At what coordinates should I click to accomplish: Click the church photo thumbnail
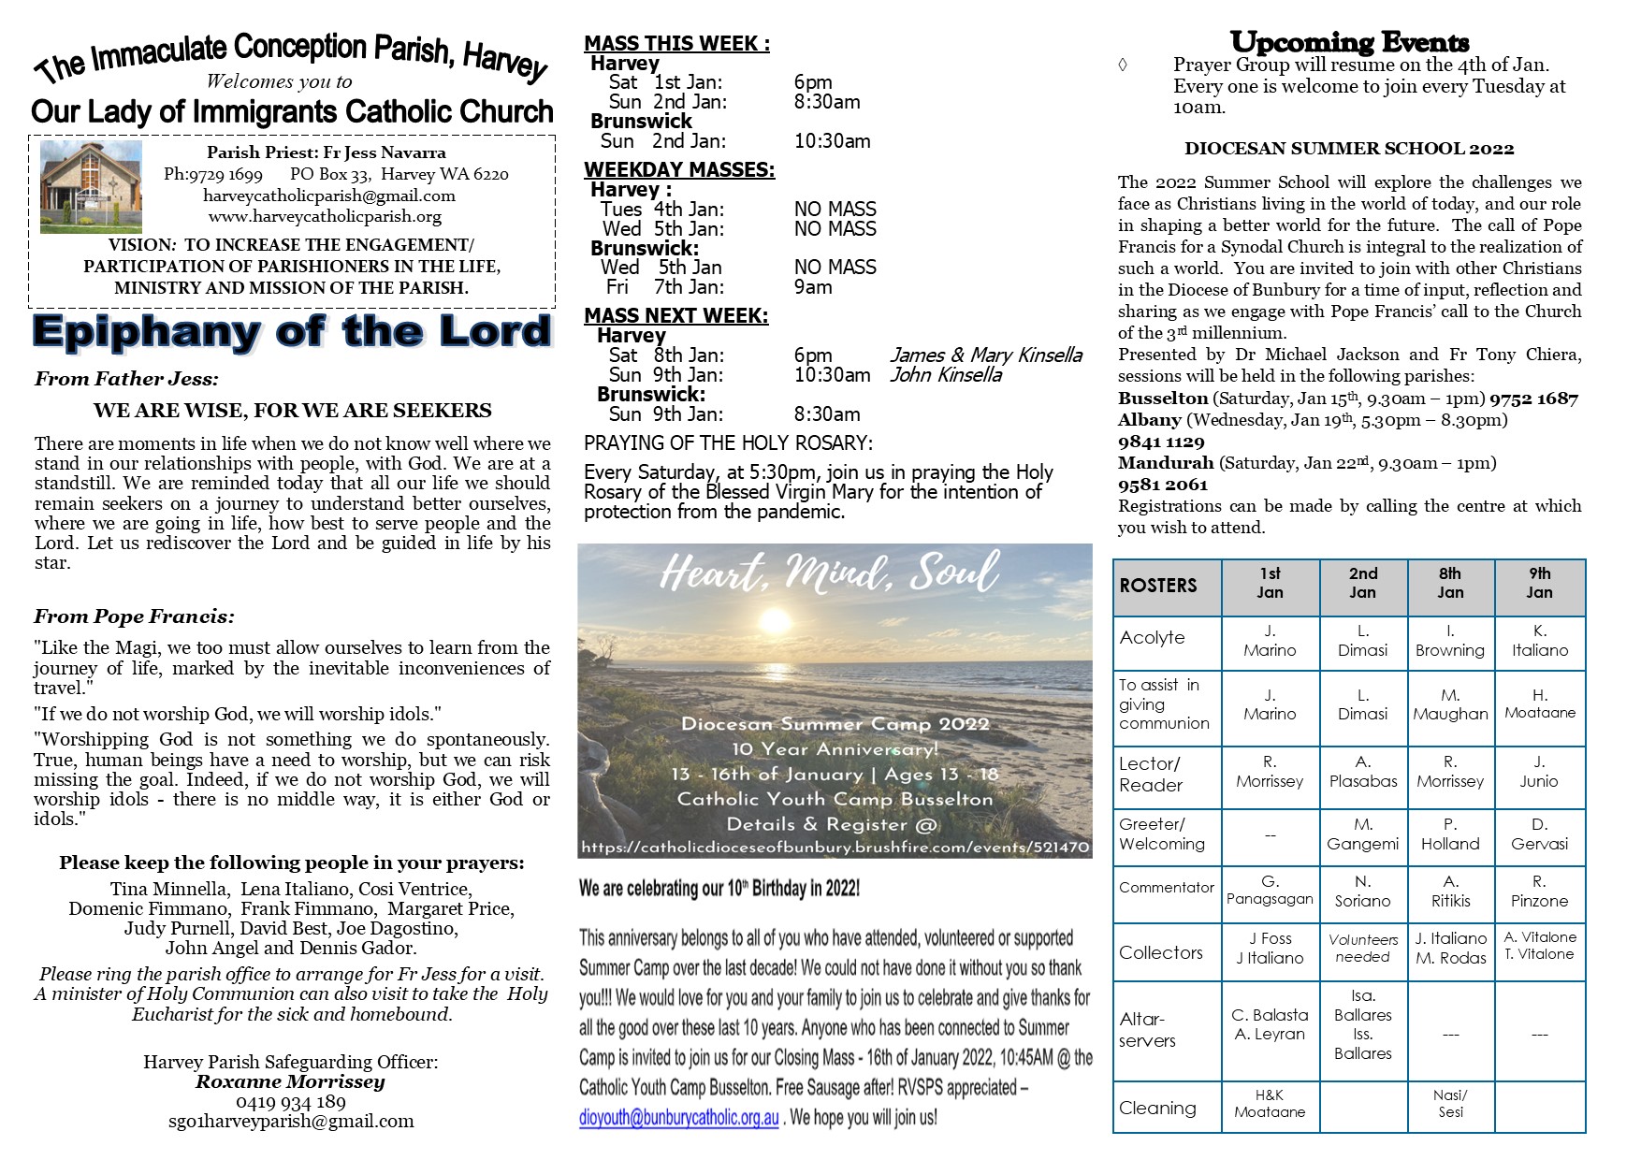coord(91,186)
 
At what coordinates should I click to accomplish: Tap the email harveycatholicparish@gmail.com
coord(328,196)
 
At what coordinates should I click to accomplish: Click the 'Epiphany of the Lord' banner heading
coord(291,332)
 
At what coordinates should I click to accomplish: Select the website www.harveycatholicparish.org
coord(325,216)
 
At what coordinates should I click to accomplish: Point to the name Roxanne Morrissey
coord(290,1081)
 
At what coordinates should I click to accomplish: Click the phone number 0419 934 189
coord(290,1102)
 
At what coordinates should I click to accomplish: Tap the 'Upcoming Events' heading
coord(1349,42)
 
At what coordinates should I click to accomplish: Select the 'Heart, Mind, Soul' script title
coord(829,572)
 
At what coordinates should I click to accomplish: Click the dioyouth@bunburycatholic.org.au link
coord(679,1117)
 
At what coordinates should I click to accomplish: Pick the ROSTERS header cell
coord(1158,586)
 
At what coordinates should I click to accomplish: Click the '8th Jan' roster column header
coord(1450,583)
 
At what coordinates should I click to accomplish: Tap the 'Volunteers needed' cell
coord(1362,948)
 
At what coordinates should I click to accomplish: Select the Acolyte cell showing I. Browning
coord(1450,641)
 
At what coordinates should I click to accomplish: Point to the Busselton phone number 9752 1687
coord(1533,399)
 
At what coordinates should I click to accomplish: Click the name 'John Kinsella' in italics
coord(945,375)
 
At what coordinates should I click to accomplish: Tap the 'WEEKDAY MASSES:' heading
coord(679,169)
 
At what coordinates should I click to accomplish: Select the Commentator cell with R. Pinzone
coord(1539,892)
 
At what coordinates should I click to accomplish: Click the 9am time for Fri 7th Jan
coord(813,286)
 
